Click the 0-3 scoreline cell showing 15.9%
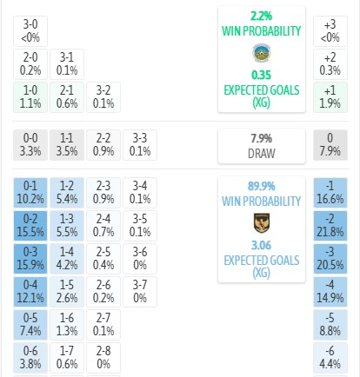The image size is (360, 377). click(x=30, y=259)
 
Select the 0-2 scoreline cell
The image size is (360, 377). click(x=30, y=226)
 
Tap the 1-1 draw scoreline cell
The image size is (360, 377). click(x=67, y=145)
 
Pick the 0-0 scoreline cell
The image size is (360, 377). click(x=30, y=145)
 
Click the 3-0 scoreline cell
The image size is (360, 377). click(x=30, y=31)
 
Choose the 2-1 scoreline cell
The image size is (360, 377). click(x=67, y=97)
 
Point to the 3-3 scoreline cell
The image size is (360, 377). click(x=140, y=145)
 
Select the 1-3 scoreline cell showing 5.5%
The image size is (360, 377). click(x=67, y=226)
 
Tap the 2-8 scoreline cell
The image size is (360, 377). click(x=103, y=358)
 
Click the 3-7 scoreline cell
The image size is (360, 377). click(x=140, y=292)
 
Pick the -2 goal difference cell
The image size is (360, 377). click(x=330, y=226)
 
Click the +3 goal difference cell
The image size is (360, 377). click(x=330, y=31)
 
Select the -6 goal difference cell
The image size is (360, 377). click(x=330, y=358)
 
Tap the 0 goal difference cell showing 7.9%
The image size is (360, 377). click(x=330, y=145)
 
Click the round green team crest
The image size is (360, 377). click(x=262, y=53)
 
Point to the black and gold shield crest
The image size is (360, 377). click(x=262, y=223)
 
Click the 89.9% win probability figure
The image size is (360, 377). click(x=262, y=186)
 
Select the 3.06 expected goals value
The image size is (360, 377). click(x=262, y=245)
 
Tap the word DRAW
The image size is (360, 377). click(x=262, y=154)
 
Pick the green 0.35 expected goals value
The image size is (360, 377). click(x=262, y=75)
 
